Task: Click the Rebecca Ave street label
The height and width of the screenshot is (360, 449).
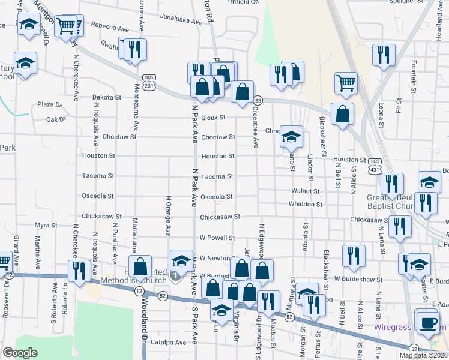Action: (109, 28)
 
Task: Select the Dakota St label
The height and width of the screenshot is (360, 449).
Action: (107, 97)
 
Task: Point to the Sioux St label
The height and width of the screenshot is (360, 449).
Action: (213, 118)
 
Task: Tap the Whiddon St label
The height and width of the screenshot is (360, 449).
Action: (306, 205)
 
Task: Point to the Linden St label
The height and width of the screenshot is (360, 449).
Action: (310, 165)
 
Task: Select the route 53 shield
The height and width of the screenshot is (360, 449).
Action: (258, 100)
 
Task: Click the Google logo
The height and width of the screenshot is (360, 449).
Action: (20, 353)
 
